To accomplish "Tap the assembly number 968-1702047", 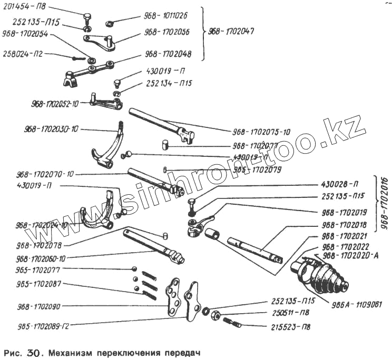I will pyautogui.click(x=231, y=31).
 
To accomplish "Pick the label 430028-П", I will pyautogui.click(x=340, y=184).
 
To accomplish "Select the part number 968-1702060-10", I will pyautogui.click(x=47, y=259).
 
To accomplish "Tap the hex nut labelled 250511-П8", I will pyautogui.click(x=215, y=316).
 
